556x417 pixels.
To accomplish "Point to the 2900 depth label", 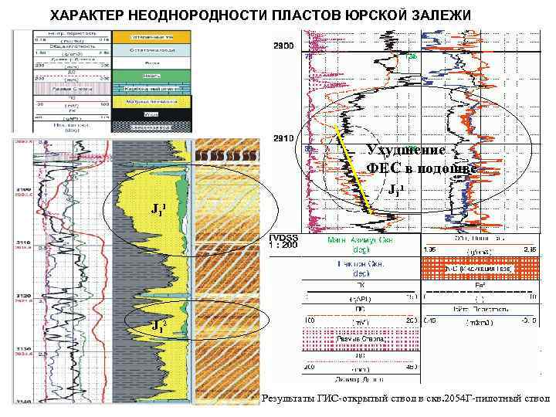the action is click(283, 47).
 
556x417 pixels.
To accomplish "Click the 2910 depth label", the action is click(283, 139).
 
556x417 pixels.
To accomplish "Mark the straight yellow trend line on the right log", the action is click(354, 170).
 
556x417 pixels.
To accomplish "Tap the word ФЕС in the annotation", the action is click(381, 168).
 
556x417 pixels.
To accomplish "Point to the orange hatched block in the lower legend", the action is click(474, 268).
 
